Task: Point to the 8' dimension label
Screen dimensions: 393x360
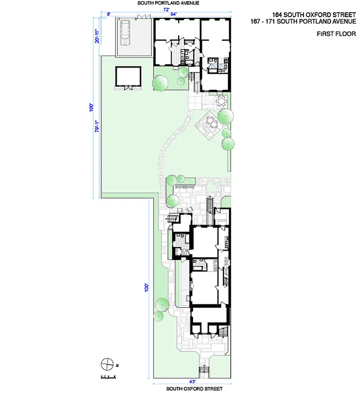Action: click(x=108, y=14)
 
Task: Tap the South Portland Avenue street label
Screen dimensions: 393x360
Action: click(x=164, y=3)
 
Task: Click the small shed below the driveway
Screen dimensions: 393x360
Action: click(x=128, y=78)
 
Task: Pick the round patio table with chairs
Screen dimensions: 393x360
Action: click(x=221, y=101)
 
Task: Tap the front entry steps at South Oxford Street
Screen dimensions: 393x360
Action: click(x=203, y=370)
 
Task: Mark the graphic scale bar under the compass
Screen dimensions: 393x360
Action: click(x=108, y=376)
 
